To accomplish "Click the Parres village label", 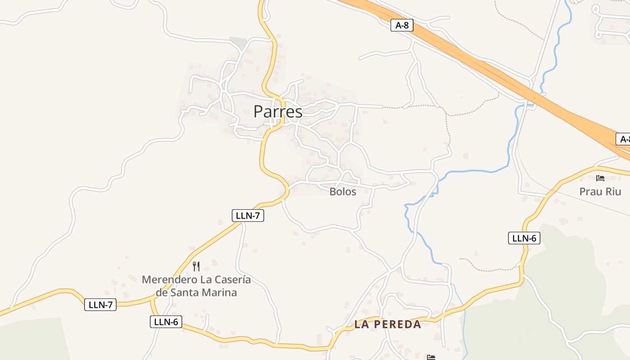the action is click(278, 111).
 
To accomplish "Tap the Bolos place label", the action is click(343, 192).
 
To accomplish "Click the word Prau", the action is click(589, 192).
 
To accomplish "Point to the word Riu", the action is click(612, 192).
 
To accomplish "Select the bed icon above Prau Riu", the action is click(600, 178).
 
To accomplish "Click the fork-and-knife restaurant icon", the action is click(196, 266).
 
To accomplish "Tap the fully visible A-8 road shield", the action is click(402, 25).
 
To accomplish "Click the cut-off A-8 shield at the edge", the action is click(623, 139).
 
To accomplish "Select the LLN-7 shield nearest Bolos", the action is click(248, 216).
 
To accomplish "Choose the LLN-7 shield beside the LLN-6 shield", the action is click(100, 305).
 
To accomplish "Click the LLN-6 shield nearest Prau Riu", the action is click(524, 238).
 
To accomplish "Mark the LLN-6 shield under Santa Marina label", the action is click(166, 322).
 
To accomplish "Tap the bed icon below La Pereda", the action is click(431, 357).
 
